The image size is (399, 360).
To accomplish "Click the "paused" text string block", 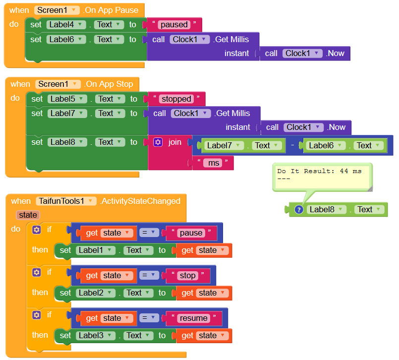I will tap(173, 25).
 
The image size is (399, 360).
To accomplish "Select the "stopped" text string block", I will tap(176, 99).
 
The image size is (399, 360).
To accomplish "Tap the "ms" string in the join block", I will tap(214, 163).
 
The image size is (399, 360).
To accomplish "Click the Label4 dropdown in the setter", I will tap(65, 25).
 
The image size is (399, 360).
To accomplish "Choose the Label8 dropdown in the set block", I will tap(67, 142).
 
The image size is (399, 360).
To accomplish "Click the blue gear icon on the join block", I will tap(158, 142).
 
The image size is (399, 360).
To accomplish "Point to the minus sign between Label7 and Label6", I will tap(293, 145).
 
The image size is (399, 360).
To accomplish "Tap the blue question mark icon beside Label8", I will tap(299, 210).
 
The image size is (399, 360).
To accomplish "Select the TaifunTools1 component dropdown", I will tap(66, 201).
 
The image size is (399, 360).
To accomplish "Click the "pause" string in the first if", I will tap(191, 233).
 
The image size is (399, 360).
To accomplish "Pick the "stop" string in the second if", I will tap(187, 276).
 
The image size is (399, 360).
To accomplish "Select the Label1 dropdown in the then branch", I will tap(96, 250).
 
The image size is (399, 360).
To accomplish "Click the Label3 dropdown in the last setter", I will tap(96, 336).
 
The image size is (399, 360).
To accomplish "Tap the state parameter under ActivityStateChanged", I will tap(28, 215).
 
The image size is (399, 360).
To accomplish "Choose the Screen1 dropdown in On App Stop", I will tap(58, 84).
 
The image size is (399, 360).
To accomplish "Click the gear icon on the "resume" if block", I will tap(36, 315).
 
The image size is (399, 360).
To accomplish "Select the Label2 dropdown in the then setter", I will tap(96, 293).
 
